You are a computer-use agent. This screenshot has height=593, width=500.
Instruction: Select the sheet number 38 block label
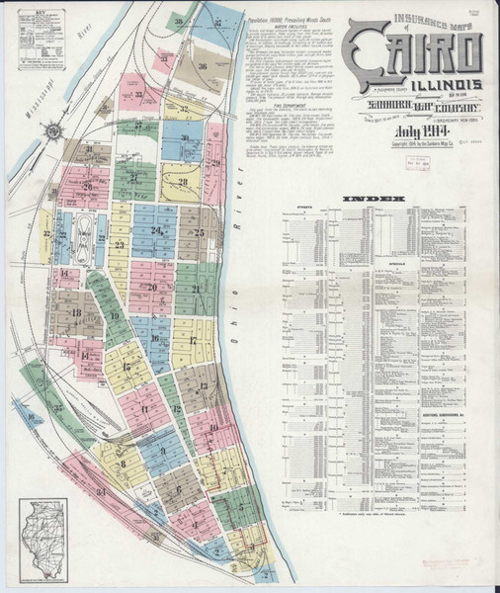click(179, 22)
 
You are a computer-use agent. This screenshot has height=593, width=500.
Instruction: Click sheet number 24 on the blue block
click(156, 231)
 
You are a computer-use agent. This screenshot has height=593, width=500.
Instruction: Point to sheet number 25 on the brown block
click(199, 233)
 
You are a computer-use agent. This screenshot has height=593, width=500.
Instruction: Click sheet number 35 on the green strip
click(58, 406)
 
